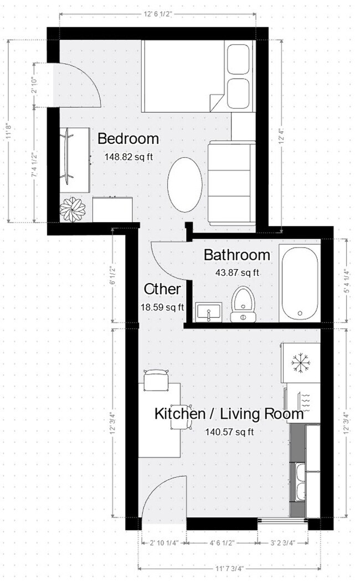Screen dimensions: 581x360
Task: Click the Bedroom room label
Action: pyautogui.click(x=128, y=138)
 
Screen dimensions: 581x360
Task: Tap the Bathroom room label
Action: pyautogui.click(x=237, y=255)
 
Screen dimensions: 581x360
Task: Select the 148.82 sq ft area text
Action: pyautogui.click(x=128, y=157)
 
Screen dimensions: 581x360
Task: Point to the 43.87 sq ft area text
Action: pyautogui.click(x=237, y=272)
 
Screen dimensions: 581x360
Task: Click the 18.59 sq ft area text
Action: pyautogui.click(x=163, y=306)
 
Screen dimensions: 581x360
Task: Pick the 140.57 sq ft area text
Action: pyautogui.click(x=229, y=432)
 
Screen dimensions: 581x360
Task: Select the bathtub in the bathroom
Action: pyautogui.click(x=300, y=283)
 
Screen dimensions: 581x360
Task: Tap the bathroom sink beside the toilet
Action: pyautogui.click(x=209, y=312)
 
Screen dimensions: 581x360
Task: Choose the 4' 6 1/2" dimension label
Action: pyautogui.click(x=222, y=542)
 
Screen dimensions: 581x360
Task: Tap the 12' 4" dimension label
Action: pyautogui.click(x=283, y=135)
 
